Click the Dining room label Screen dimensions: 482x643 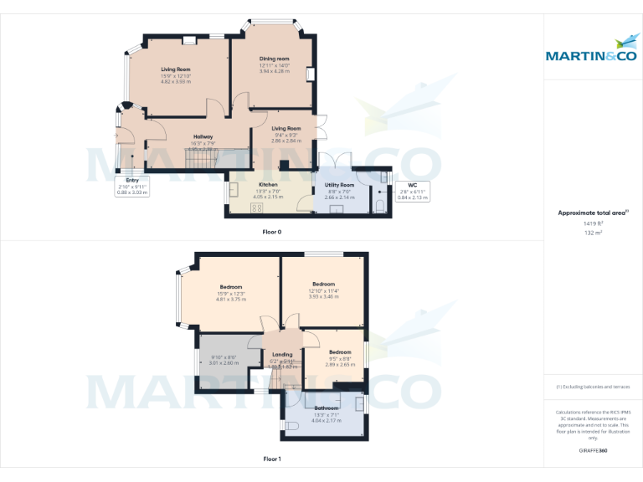pyautogui.click(x=274, y=58)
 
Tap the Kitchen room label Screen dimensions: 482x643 pyautogui.click(x=268, y=184)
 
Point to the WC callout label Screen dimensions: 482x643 pyautogui.click(x=412, y=185)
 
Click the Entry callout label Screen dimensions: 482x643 pyautogui.click(x=132, y=180)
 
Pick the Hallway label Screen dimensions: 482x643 pyautogui.click(x=203, y=136)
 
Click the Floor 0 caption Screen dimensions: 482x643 pyautogui.click(x=272, y=231)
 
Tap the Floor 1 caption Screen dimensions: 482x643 pyautogui.click(x=272, y=459)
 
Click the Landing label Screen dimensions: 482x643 pyautogui.click(x=282, y=354)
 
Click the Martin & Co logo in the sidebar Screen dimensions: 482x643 pyautogui.click(x=593, y=51)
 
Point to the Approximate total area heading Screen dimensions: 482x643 pyautogui.click(x=593, y=213)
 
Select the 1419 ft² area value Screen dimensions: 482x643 pyautogui.click(x=594, y=223)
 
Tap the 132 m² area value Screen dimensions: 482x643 pyautogui.click(x=594, y=233)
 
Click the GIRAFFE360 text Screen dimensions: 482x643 pyautogui.click(x=593, y=451)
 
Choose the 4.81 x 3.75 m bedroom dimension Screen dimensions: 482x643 pyautogui.click(x=231, y=299)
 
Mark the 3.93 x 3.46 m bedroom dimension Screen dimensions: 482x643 pyautogui.click(x=323, y=296)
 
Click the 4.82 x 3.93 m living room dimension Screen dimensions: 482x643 pyautogui.click(x=176, y=81)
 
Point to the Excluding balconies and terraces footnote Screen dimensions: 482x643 pyautogui.click(x=593, y=387)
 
